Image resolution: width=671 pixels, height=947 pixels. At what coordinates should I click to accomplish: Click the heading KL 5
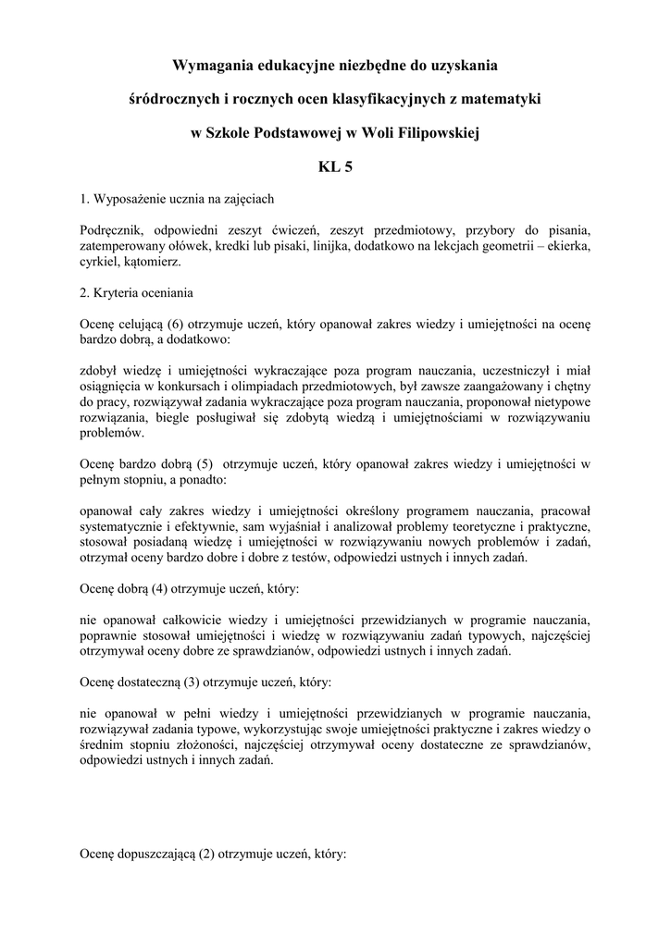coord(335,167)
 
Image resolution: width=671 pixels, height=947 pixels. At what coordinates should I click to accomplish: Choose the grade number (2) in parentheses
coord(207,855)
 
